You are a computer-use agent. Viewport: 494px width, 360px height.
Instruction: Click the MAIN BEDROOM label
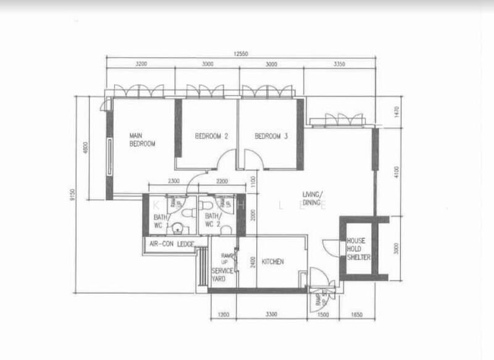pos(141,139)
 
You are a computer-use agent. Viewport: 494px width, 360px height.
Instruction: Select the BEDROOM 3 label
pos(272,136)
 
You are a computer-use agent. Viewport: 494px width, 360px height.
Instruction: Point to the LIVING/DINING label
pos(314,198)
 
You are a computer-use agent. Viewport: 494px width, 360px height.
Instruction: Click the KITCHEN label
pos(272,262)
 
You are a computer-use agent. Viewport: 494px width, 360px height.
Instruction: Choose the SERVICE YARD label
pos(222,274)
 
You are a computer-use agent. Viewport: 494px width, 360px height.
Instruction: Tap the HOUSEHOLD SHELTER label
pos(358,249)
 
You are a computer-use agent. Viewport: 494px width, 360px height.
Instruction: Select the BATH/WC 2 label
pos(212,220)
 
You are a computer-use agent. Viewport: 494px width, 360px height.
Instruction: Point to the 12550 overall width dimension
pos(241,54)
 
